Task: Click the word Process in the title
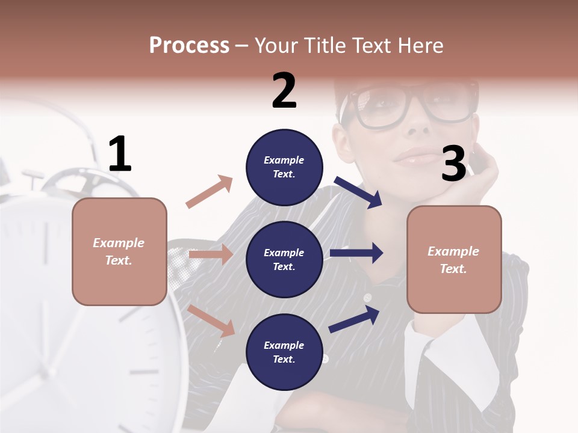(x=189, y=46)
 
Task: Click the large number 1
(x=120, y=154)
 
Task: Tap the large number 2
(x=284, y=91)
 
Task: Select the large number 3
(x=454, y=164)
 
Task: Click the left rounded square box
(x=119, y=251)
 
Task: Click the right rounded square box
(x=454, y=259)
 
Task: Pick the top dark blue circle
(x=284, y=167)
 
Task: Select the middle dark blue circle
(x=284, y=259)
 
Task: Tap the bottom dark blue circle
(x=284, y=352)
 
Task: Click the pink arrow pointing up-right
(x=210, y=192)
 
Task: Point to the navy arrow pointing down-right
(x=359, y=192)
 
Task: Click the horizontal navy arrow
(x=356, y=253)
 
